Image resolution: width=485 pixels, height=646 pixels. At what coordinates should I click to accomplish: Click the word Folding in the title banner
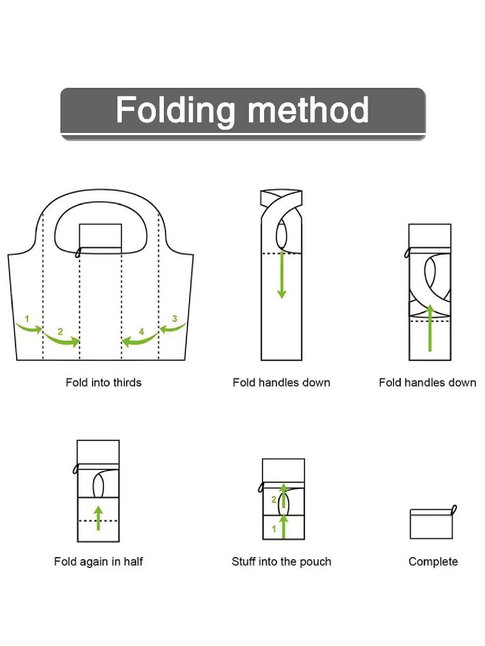[175, 110]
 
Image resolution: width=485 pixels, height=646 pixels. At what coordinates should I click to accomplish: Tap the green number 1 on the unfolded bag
[27, 319]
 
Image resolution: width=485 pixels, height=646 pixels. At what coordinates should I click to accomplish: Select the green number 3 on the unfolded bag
[174, 319]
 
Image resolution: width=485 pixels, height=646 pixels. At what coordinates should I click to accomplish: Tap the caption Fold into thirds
[103, 383]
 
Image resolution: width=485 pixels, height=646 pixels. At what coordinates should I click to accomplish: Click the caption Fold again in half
[99, 561]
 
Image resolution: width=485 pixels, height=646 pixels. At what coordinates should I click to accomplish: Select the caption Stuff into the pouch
[281, 561]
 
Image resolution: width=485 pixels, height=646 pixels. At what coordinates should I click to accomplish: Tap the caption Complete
[433, 561]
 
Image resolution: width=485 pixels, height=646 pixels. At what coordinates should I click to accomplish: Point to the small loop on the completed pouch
[454, 509]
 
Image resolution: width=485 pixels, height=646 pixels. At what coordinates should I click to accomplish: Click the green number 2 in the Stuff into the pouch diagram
[274, 500]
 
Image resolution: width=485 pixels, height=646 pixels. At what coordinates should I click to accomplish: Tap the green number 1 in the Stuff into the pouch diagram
[274, 529]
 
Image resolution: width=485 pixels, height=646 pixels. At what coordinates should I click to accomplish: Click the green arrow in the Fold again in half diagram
[98, 517]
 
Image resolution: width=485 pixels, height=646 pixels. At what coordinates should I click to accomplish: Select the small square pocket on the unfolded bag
[100, 235]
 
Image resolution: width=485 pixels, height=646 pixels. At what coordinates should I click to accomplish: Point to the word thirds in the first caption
[128, 383]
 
